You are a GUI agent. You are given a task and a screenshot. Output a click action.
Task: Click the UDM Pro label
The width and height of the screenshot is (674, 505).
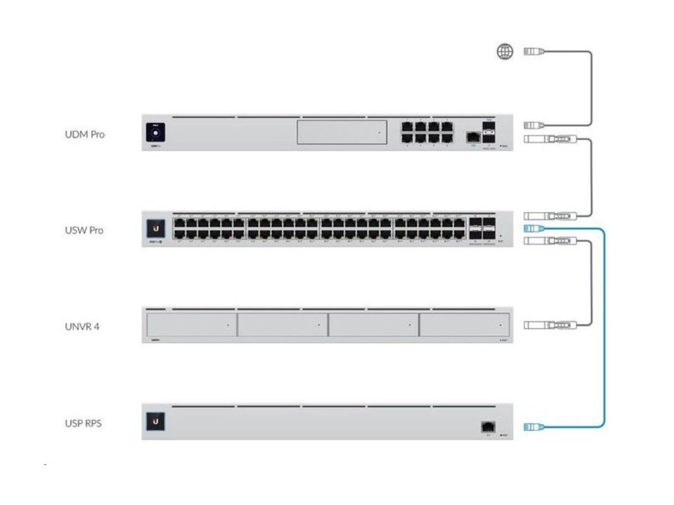coord(84,134)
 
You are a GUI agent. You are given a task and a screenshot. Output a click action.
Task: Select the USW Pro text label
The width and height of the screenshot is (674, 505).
coord(84,230)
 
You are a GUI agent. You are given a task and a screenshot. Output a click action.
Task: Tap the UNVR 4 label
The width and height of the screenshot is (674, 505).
coord(82,326)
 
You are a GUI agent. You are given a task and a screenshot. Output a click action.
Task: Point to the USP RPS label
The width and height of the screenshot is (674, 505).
coord(82,423)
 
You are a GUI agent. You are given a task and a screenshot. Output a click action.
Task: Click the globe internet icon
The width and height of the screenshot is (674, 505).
coord(504,51)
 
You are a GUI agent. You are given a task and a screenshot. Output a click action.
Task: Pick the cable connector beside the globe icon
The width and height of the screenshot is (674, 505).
coord(532,51)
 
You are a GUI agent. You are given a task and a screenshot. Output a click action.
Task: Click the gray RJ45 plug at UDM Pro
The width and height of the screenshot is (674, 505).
coord(532,124)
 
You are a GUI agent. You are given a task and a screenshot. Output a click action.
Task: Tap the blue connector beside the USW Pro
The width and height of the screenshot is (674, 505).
coord(532,228)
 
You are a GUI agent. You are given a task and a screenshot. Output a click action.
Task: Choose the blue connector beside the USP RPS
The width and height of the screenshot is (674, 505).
coord(532,427)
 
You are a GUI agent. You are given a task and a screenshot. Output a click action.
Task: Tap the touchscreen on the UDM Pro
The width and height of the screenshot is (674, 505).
coord(155,132)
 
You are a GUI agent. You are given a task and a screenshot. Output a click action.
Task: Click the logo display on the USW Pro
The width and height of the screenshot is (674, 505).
coord(155,228)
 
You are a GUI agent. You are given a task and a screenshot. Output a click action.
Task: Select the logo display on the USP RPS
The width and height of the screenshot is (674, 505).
coord(155,421)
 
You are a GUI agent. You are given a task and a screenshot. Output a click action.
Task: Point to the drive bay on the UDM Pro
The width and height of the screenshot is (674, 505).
coord(342,132)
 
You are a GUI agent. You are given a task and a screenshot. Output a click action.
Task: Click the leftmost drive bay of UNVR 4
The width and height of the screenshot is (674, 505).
coord(191,325)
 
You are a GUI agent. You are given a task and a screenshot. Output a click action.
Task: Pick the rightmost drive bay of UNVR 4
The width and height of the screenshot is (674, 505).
coord(464,325)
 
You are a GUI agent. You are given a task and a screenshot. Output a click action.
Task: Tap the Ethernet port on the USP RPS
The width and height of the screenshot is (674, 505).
coord(488,426)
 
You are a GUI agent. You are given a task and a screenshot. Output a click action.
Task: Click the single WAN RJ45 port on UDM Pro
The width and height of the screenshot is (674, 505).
coord(471,137)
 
